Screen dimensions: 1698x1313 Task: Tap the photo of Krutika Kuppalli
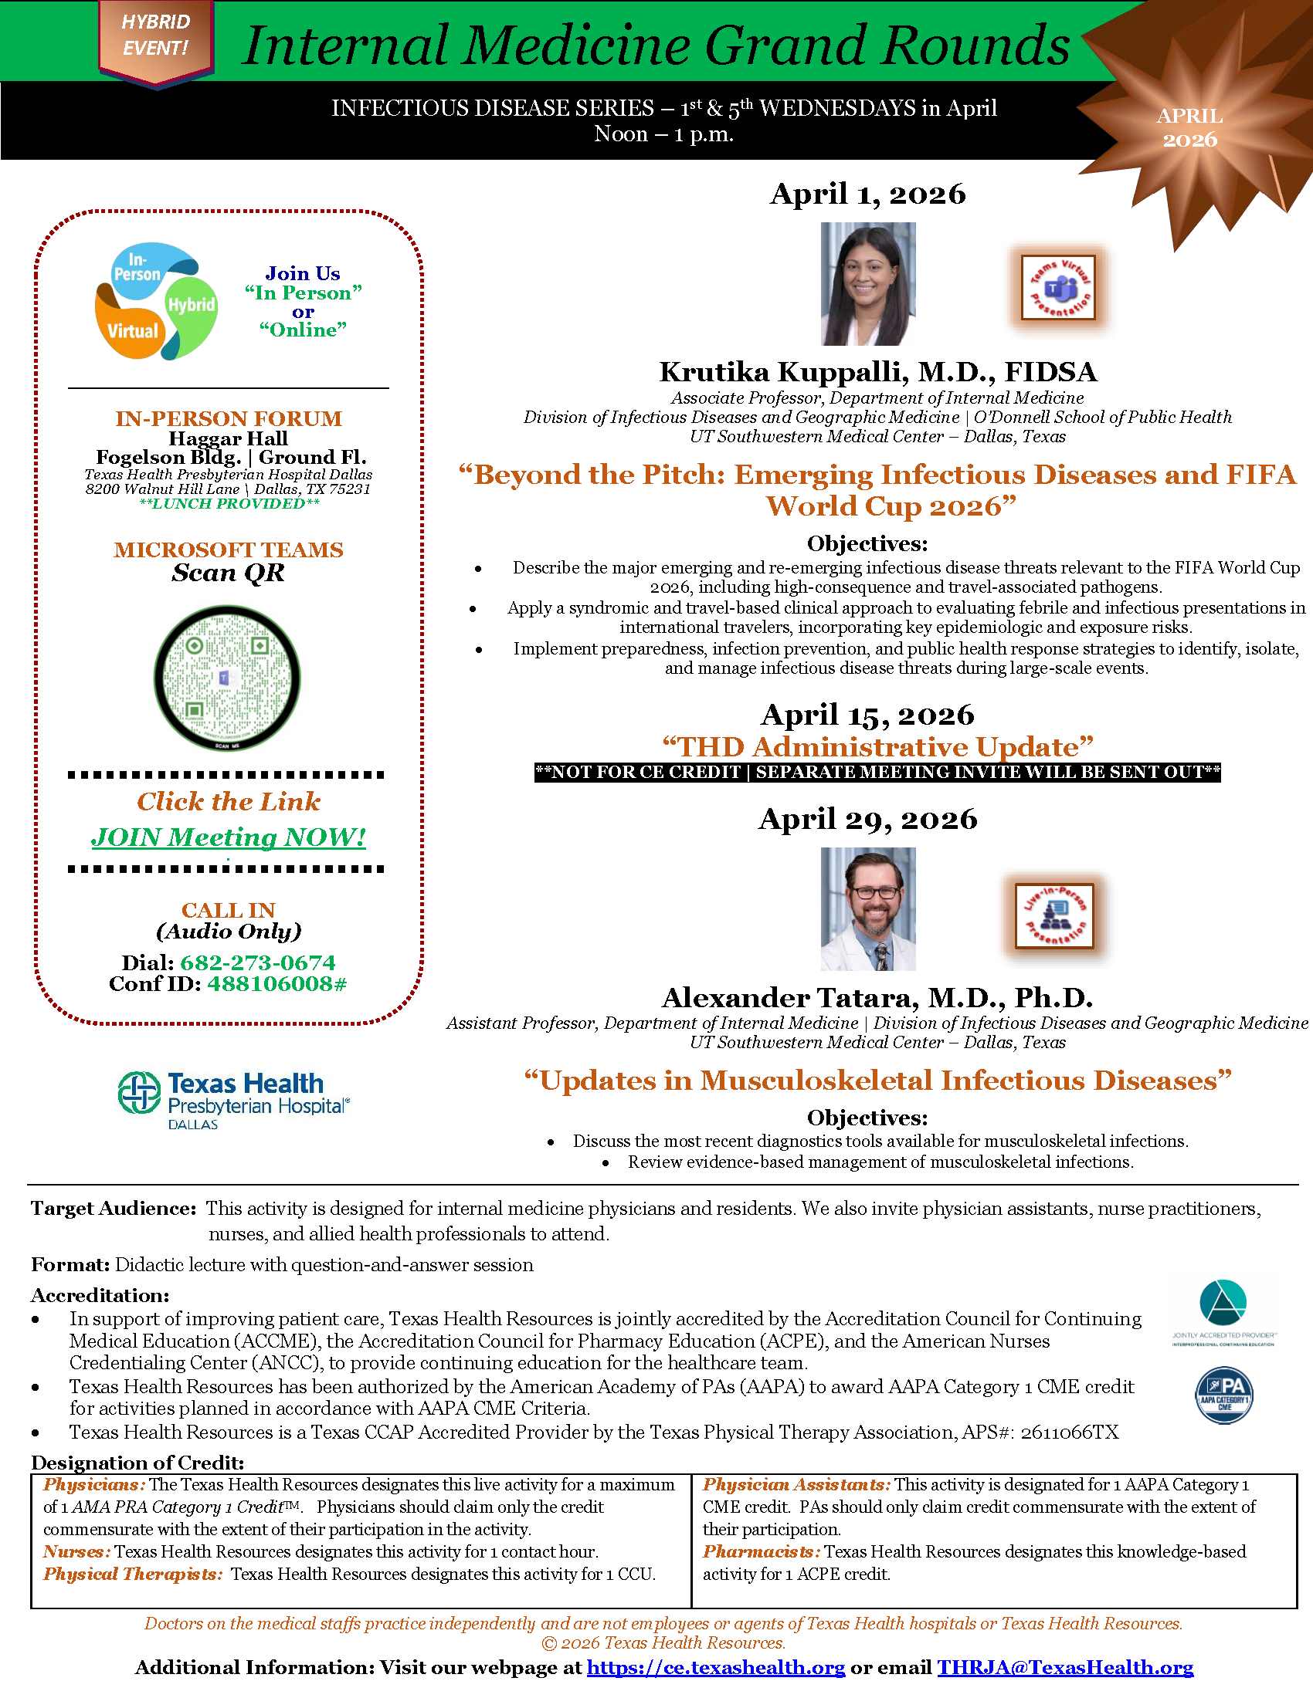pos(868,284)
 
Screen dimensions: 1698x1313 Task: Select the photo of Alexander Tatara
pos(868,909)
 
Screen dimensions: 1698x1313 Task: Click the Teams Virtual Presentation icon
pos(1058,287)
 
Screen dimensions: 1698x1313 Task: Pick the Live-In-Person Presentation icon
pos(1055,915)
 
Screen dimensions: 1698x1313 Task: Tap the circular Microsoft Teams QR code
pos(227,678)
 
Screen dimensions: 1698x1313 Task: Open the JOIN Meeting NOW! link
pos(228,837)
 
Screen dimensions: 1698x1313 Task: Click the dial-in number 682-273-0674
pos(257,962)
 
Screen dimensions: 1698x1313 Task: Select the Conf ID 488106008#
pos(277,983)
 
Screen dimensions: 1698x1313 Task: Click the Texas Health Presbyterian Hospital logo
pos(233,1099)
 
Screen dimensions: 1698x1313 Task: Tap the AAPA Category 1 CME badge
pos(1223,1394)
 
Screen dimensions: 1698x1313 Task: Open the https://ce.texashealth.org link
pos(716,1667)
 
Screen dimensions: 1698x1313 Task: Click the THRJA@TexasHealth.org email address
pos(1065,1667)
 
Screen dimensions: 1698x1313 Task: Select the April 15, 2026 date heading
pos(867,715)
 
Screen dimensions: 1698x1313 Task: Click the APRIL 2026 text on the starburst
pos(1189,127)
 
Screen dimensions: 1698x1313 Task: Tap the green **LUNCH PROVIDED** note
pos(229,504)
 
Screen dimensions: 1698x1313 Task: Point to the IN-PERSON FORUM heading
pos(229,418)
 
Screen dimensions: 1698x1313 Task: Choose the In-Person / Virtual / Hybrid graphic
pos(155,301)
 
